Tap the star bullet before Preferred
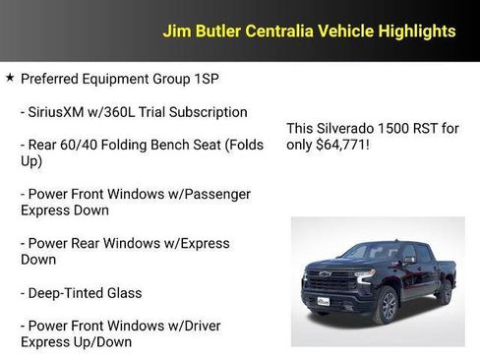tap(10, 77)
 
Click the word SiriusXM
tap(61, 112)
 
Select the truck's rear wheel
tap(445, 292)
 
